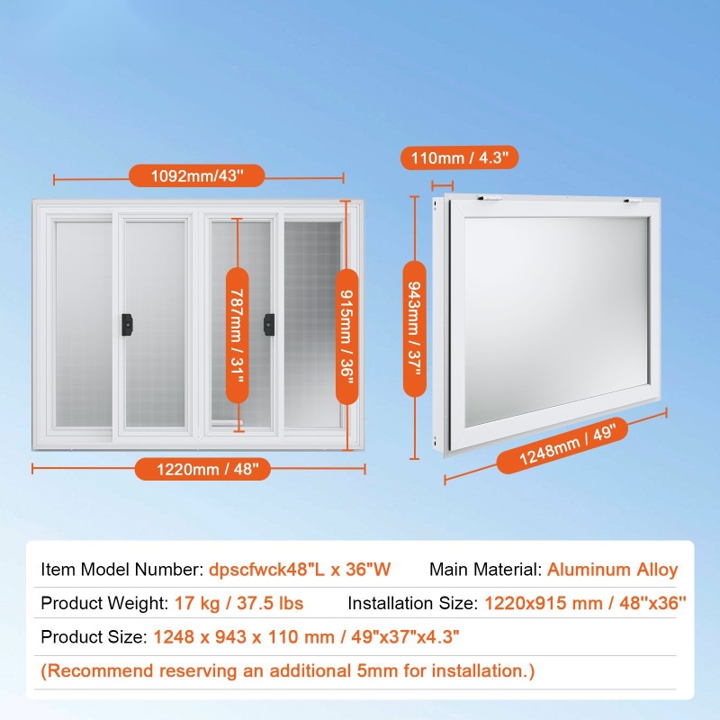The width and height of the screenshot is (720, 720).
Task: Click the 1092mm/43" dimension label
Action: [197, 175]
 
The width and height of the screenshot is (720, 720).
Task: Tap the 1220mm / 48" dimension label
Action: [202, 469]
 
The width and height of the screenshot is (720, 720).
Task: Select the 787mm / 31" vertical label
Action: [238, 335]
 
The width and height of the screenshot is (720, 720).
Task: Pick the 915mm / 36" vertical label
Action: [347, 337]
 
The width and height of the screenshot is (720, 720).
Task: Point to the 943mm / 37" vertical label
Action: [415, 328]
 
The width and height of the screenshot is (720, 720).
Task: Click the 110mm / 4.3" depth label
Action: [460, 158]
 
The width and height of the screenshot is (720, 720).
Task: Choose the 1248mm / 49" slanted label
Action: [562, 445]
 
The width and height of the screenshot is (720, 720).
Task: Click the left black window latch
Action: [127, 325]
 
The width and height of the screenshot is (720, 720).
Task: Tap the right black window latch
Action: [269, 325]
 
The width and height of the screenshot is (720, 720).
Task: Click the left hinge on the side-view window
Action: [489, 198]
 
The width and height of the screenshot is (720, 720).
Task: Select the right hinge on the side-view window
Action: [632, 201]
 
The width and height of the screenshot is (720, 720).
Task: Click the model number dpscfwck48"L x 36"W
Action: [300, 570]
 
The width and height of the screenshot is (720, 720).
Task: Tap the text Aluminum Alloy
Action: [613, 570]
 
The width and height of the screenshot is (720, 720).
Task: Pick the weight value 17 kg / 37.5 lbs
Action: [238, 603]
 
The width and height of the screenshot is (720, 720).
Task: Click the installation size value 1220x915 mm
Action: [544, 603]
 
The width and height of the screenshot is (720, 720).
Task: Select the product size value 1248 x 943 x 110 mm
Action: [244, 637]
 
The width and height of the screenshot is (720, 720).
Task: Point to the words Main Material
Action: [485, 570]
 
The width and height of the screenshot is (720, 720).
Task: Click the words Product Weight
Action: [104, 603]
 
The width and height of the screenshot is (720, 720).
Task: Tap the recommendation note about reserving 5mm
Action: [288, 670]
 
